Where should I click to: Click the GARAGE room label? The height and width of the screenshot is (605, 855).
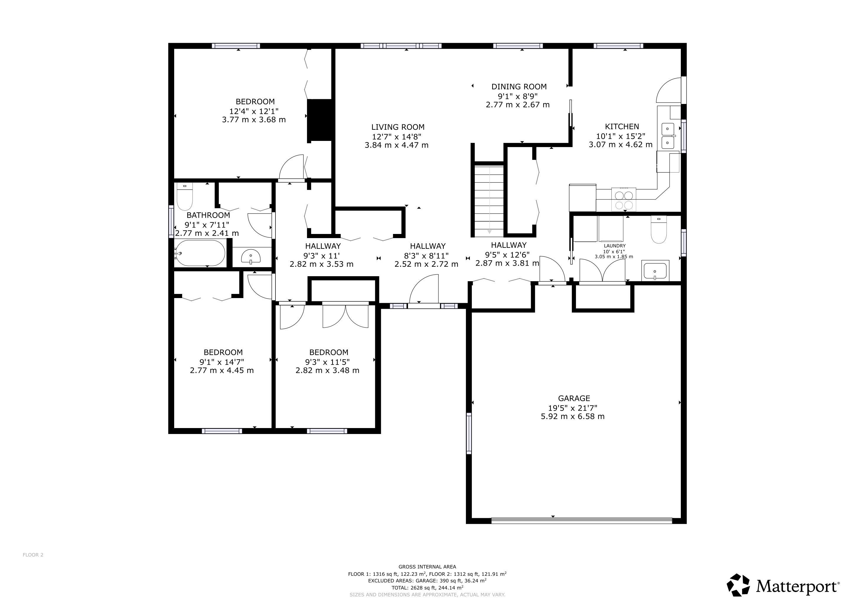pyautogui.click(x=574, y=398)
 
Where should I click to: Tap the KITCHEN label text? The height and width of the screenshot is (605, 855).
pyautogui.click(x=622, y=127)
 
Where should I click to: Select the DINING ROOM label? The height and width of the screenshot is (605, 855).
pyautogui.click(x=519, y=87)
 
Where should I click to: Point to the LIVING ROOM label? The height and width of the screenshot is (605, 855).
pyautogui.click(x=398, y=127)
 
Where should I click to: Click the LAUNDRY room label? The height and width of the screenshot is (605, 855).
pyautogui.click(x=614, y=246)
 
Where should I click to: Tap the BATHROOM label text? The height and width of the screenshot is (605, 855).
pyautogui.click(x=208, y=215)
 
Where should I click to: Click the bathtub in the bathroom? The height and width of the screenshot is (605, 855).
pyautogui.click(x=200, y=253)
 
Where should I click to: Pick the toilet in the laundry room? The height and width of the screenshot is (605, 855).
pyautogui.click(x=658, y=230)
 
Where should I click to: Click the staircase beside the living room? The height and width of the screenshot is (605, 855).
pyautogui.click(x=489, y=200)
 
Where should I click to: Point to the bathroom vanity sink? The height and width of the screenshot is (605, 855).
pyautogui.click(x=251, y=257)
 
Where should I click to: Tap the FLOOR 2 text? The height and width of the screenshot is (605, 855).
pyautogui.click(x=33, y=555)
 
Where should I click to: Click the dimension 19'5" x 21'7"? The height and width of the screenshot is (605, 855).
pyautogui.click(x=573, y=408)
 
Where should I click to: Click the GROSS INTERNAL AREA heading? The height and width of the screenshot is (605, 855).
pyautogui.click(x=427, y=567)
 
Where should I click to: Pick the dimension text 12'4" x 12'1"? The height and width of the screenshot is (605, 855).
pyautogui.click(x=254, y=111)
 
